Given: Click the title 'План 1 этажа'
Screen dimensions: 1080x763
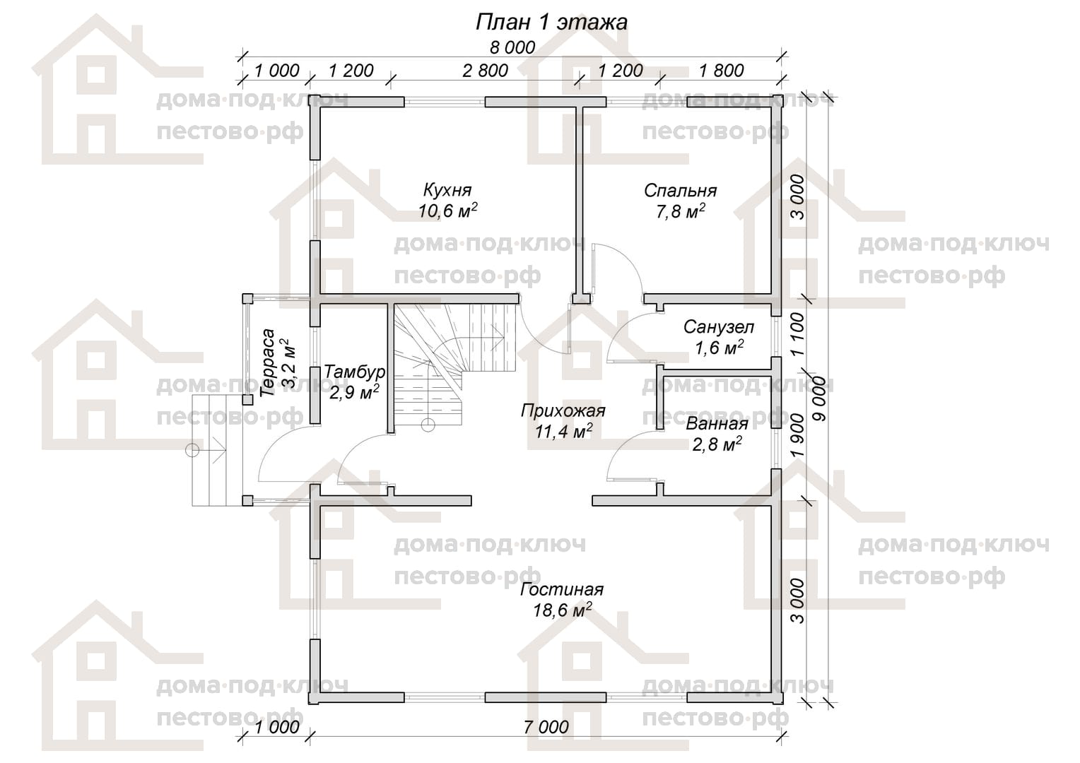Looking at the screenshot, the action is point(551,23).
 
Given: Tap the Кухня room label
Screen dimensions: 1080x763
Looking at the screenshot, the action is point(447,190).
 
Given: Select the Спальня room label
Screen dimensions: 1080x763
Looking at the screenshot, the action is point(681,191).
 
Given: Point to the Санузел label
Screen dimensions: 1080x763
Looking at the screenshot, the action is point(718,327).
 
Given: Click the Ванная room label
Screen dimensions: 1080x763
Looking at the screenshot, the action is point(717,424).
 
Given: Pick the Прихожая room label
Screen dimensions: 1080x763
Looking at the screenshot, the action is point(563,411).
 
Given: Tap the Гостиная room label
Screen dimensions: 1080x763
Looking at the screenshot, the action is point(562,589).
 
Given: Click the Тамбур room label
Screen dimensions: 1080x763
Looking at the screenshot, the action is point(354,372).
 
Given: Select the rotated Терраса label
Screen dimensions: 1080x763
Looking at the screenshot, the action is point(267,362).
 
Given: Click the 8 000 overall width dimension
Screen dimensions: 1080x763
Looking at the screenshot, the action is point(512,48).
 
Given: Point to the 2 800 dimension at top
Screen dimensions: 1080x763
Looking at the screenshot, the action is point(485,71).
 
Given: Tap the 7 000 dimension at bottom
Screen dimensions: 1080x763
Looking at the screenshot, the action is point(546,727).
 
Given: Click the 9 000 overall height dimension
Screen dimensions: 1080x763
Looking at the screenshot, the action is point(819,398).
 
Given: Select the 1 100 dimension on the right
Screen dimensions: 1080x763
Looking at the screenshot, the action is point(798,334).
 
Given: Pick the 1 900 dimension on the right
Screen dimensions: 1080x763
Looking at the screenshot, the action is point(798,435).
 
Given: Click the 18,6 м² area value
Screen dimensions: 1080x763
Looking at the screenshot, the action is point(562,610).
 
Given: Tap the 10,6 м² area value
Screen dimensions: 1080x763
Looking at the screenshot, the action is point(448,210).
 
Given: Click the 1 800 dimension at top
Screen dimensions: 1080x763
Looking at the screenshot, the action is point(721,71).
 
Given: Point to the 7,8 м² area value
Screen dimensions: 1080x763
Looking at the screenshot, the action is point(681,211).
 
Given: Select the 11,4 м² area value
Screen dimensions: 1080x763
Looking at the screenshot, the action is point(563,431).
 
